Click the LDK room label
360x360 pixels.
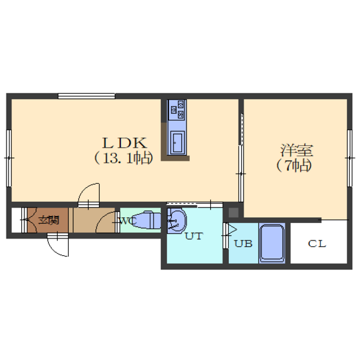(124, 143)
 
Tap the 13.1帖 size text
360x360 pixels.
(123, 158)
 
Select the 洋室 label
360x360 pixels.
(296, 150)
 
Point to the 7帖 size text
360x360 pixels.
(294, 165)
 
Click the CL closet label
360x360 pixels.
(317, 244)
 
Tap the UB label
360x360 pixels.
(244, 244)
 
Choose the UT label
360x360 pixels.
(194, 236)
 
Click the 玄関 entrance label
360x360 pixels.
(49, 220)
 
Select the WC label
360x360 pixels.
(129, 221)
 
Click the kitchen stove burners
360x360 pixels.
(177, 109)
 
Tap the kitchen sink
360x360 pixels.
(177, 143)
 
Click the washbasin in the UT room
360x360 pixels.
(177, 221)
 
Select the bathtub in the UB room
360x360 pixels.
(272, 244)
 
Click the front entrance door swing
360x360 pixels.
(58, 245)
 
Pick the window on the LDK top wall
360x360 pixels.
(86, 96)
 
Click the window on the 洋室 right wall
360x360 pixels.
(350, 158)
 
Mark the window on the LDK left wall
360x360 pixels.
(9, 158)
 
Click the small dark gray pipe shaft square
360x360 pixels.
(233, 212)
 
